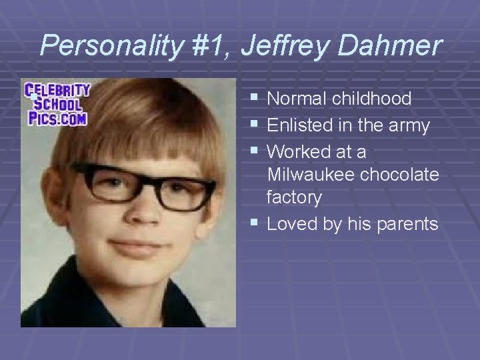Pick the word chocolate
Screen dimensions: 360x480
pyautogui.click(x=399, y=175)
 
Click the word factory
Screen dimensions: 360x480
pyautogui.click(x=294, y=198)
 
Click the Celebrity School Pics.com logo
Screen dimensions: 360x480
pyautogui.click(x=57, y=104)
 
